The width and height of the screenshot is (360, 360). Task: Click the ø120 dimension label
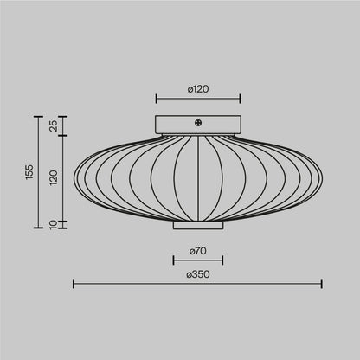tap(198, 87)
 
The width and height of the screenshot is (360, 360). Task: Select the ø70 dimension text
tap(198, 251)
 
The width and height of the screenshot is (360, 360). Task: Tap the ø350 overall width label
tap(198, 273)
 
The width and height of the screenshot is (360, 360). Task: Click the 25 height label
tap(53, 125)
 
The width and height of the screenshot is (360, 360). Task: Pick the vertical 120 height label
tap(53, 177)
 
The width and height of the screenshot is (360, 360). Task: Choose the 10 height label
tap(53, 224)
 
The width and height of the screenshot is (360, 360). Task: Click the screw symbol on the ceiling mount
tap(198, 123)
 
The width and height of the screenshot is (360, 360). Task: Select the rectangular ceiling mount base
tap(198, 125)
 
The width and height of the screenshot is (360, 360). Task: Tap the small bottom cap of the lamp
tap(198, 225)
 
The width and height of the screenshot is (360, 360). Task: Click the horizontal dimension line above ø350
tap(198, 283)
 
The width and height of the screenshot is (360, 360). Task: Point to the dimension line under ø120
tap(198, 97)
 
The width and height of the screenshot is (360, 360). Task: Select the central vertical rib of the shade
tap(198, 177)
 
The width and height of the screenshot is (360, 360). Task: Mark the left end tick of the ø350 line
tap(74, 283)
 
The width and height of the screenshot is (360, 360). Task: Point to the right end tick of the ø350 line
tap(322, 283)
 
